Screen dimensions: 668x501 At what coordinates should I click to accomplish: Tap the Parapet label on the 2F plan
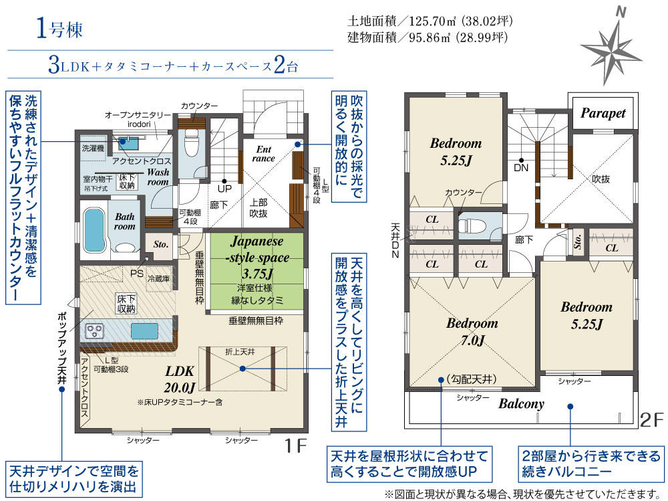(603, 113)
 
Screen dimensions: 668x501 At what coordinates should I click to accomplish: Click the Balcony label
(522, 404)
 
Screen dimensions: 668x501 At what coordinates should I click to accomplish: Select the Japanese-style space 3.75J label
(257, 258)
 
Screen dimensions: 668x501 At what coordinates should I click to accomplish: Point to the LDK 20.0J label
(180, 379)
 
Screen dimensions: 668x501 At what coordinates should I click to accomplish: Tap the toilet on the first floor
(190, 144)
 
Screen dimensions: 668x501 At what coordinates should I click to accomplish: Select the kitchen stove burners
(95, 330)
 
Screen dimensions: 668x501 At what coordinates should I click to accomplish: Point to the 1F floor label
(295, 446)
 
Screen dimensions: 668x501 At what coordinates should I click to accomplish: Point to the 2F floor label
(652, 420)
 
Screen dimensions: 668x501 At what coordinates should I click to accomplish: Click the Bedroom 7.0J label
(472, 331)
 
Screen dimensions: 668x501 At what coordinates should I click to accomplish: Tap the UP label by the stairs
(224, 188)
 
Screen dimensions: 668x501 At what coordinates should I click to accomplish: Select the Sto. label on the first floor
(160, 245)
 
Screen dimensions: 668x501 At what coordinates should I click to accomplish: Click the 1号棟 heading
(59, 29)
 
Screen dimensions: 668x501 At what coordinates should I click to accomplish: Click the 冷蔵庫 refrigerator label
(158, 279)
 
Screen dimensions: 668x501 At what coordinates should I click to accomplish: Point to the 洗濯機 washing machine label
(93, 148)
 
